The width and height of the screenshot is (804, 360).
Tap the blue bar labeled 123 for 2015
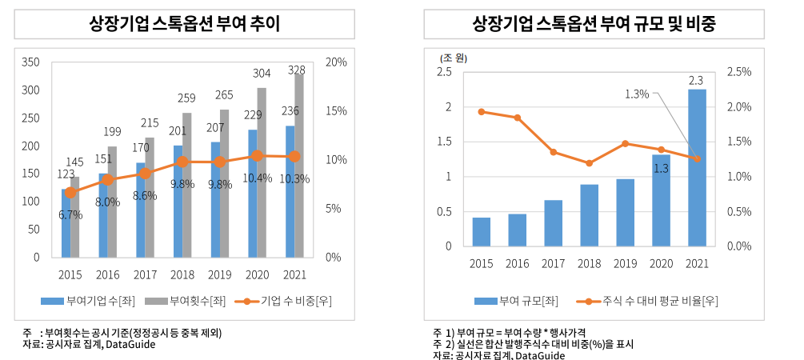point(66,223)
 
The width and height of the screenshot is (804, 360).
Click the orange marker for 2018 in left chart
point(182,162)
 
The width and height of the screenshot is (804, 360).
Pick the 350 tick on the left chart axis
point(30,62)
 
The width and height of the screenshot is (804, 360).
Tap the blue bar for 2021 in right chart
point(697,168)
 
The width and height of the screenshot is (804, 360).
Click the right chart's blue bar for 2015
point(482,232)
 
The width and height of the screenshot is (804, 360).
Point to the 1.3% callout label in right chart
point(637,94)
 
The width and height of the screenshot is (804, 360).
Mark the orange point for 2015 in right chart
point(482,111)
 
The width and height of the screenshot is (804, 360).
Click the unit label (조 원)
point(453,58)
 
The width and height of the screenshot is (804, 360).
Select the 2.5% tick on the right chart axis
point(738,72)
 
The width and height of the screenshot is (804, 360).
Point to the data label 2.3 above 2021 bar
point(695,80)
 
